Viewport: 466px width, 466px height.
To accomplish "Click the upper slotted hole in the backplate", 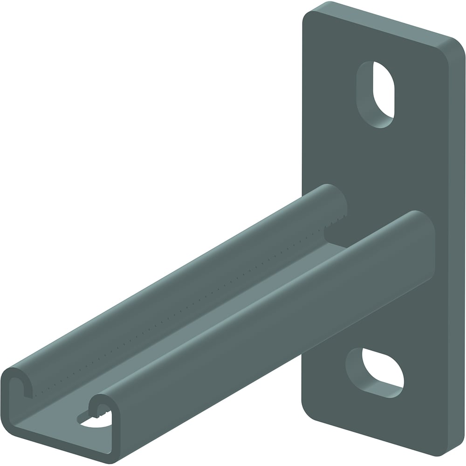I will tap(375, 94).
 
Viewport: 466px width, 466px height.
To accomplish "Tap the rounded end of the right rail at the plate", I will tap(422, 224).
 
